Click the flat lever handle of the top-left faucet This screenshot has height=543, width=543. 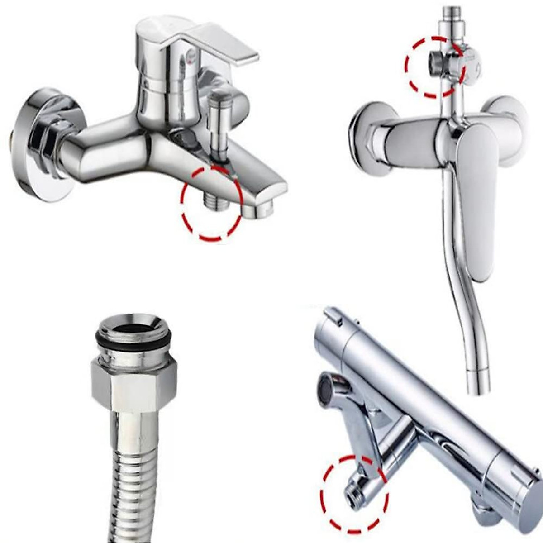click(226, 45)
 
